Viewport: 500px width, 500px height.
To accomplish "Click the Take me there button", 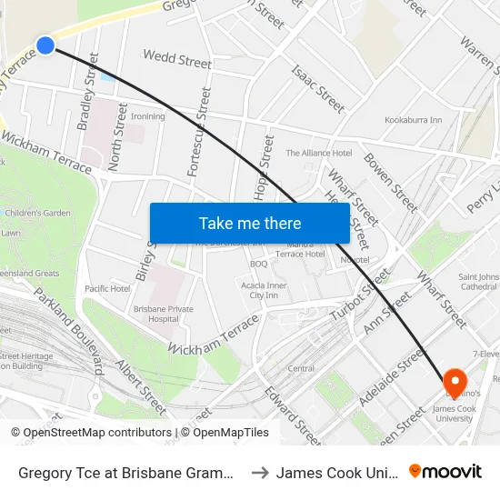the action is tap(250, 223).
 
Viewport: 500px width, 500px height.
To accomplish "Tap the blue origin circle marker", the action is tap(45, 45).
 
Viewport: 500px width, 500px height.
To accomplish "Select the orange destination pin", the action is tap(455, 383).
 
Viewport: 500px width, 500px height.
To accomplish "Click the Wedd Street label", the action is tap(177, 60).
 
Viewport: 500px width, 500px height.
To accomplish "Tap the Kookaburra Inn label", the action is tap(413, 120).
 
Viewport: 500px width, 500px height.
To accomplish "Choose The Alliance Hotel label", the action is tap(319, 153).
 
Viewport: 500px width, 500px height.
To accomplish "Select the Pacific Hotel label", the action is tap(107, 288).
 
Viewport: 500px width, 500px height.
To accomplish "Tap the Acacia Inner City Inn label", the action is tap(265, 290).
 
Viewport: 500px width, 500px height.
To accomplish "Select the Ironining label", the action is tap(148, 116).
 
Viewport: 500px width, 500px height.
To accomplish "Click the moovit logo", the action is tap(445, 471).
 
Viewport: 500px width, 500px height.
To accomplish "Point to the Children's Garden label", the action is tap(37, 213).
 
